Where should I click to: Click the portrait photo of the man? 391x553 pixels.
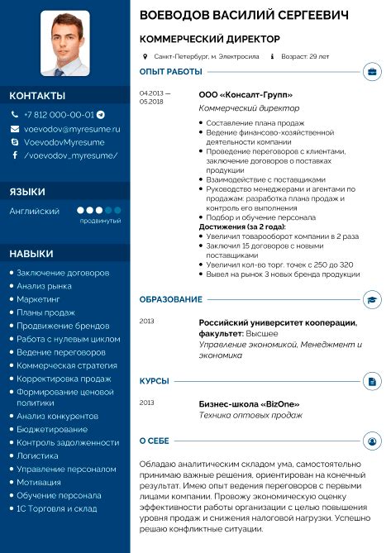(65, 43)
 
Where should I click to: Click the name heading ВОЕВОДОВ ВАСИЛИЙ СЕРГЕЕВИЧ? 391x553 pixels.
(244, 16)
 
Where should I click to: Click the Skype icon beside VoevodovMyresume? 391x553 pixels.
(15, 142)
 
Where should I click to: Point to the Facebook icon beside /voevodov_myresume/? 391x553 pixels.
(15, 155)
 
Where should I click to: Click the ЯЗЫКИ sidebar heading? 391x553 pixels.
(27, 192)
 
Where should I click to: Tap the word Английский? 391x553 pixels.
(34, 212)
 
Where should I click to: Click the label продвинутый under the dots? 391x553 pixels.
(100, 222)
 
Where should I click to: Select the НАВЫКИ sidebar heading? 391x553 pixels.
(31, 253)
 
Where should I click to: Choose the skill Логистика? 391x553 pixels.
(38, 455)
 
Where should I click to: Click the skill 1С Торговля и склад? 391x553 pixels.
(56, 509)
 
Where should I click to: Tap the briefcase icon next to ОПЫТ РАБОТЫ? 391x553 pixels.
(373, 72)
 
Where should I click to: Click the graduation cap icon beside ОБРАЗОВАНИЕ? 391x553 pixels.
(373, 298)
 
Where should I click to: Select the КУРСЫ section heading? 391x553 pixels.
(155, 380)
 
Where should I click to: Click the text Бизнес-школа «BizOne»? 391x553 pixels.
(249, 403)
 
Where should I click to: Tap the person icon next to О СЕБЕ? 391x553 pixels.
(373, 441)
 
